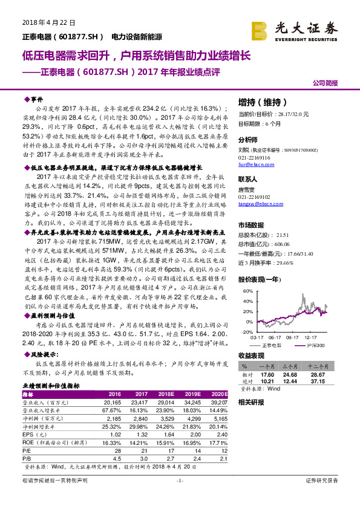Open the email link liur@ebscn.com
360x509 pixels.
(255, 163)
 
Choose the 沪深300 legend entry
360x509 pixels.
(315, 344)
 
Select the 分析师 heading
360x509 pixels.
(249, 138)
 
